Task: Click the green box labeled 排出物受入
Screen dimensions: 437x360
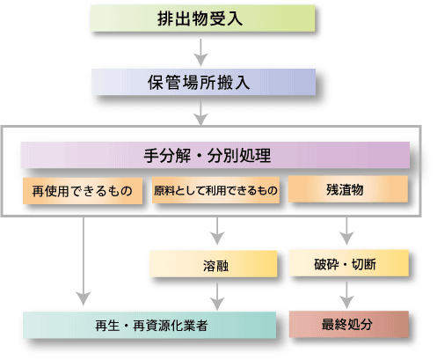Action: pyautogui.click(x=203, y=18)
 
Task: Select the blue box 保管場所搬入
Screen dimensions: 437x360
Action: pyautogui.click(x=203, y=82)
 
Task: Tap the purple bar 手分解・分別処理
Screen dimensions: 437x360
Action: pyautogui.click(x=215, y=155)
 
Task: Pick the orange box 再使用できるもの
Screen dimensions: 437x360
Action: pyautogui.click(x=83, y=191)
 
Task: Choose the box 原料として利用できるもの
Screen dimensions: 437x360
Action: pyautogui.click(x=215, y=190)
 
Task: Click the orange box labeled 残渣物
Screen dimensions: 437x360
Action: pyautogui.click(x=348, y=189)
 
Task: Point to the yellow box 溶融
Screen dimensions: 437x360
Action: pyautogui.click(x=213, y=264)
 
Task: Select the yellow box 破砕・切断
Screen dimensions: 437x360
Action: pyautogui.click(x=349, y=263)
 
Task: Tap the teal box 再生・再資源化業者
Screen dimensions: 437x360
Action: pyautogui.click(x=149, y=325)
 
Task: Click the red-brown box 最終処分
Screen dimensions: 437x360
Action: pyautogui.click(x=349, y=324)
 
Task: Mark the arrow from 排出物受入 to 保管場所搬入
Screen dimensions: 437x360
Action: pyautogui.click(x=200, y=52)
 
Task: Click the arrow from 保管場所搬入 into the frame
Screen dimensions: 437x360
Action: pyautogui.click(x=200, y=113)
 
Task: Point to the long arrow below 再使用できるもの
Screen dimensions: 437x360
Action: pyautogui.click(x=84, y=261)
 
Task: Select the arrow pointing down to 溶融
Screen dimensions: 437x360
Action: pyautogui.click(x=217, y=231)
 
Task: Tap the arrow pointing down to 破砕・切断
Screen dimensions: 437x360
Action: pyautogui.click(x=346, y=231)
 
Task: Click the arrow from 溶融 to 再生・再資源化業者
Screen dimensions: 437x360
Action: pyautogui.click(x=217, y=297)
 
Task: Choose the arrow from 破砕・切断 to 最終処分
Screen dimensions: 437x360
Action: pyautogui.click(x=346, y=295)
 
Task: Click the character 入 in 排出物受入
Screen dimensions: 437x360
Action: pyautogui.click(x=236, y=18)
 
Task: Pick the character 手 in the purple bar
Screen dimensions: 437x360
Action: pyautogui.click(x=151, y=156)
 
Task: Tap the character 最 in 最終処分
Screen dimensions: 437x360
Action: pyautogui.click(x=328, y=324)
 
